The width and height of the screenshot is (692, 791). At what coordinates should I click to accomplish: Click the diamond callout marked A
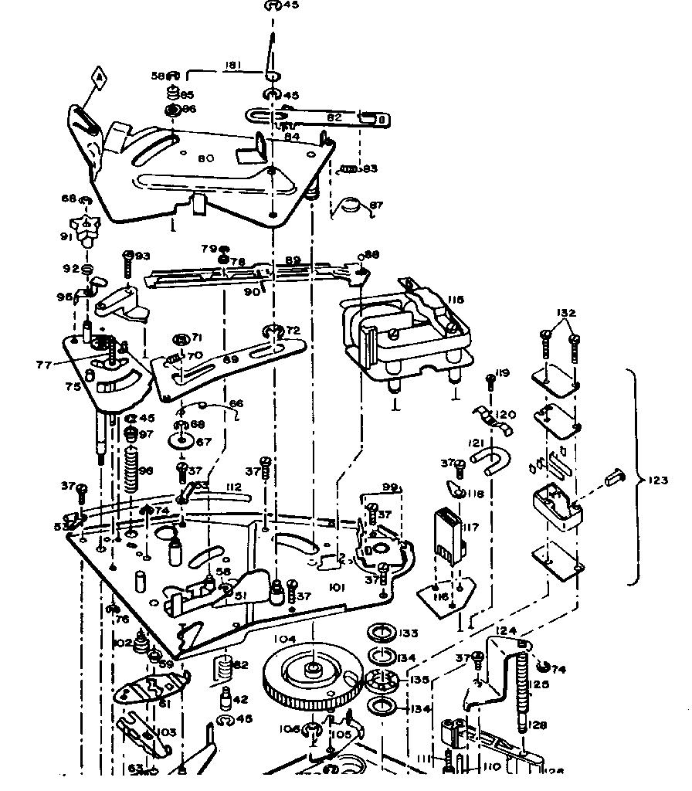point(97,77)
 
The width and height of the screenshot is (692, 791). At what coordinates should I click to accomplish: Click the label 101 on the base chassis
point(336,588)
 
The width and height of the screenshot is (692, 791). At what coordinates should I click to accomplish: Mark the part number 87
point(377,205)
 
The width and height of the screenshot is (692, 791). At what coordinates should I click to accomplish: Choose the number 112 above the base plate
point(233,487)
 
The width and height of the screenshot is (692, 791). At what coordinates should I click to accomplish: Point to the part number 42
point(240,700)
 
